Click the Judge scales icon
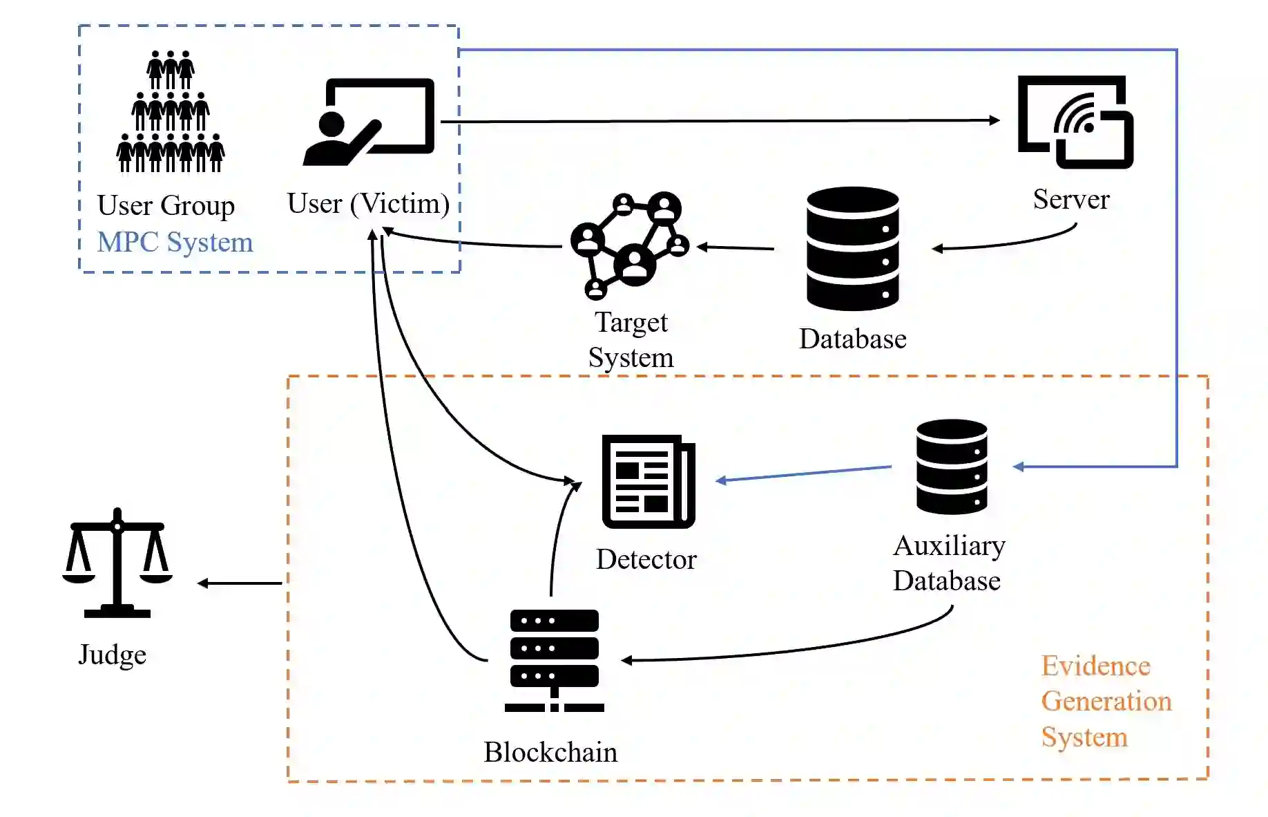point(117,563)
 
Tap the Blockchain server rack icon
point(554,660)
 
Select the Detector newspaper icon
point(649,481)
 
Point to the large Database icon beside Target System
point(853,249)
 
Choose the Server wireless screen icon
point(1075,122)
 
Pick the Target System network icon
point(629,245)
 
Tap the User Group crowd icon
point(170,112)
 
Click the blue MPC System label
point(175,242)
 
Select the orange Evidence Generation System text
point(1106,701)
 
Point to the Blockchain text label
point(550,752)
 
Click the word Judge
point(113,654)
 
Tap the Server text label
point(1071,199)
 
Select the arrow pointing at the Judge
point(240,583)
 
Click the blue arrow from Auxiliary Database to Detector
point(804,473)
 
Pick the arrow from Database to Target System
point(736,247)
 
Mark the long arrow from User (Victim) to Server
point(718,121)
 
